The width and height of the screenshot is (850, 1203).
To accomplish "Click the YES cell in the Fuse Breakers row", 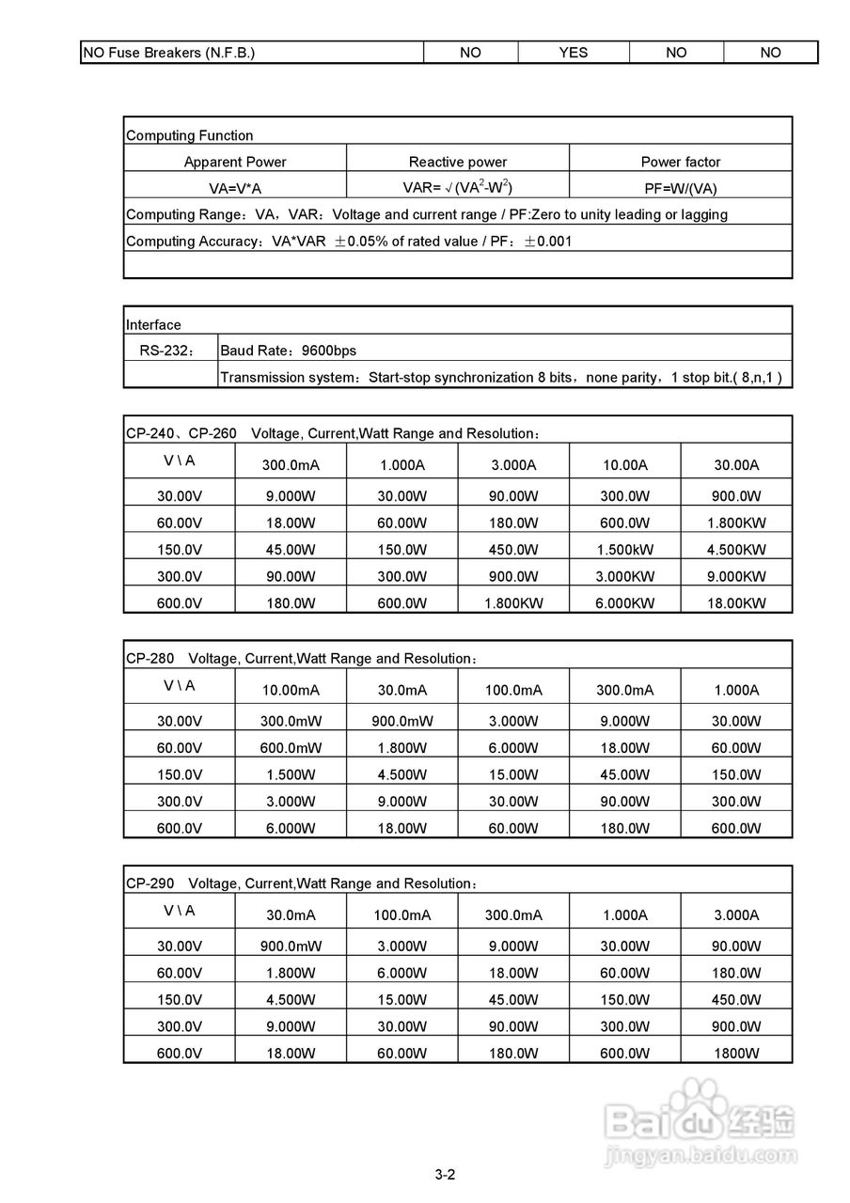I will tap(573, 53).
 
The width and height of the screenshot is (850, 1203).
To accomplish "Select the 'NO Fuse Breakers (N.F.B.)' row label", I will tap(169, 53).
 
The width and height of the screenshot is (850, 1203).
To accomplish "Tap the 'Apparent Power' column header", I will tap(235, 162).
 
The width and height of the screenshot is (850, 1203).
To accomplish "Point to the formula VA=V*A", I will tap(235, 188).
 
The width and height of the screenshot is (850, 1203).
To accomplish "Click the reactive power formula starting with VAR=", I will tap(458, 187).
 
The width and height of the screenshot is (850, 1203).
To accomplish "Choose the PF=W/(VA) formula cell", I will tap(681, 188).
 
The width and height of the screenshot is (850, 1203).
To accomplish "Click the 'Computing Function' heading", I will tap(190, 135).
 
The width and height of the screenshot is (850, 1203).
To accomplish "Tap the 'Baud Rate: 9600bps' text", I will tap(288, 351).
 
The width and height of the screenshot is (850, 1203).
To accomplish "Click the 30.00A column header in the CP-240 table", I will tap(736, 464).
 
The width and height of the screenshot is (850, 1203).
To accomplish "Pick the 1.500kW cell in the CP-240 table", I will tap(624, 550).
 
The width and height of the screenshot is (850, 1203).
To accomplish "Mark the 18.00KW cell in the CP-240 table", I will tap(736, 603).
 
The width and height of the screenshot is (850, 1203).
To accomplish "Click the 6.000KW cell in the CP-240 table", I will tap(624, 603).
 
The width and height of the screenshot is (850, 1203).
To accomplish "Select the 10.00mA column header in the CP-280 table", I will tap(291, 690).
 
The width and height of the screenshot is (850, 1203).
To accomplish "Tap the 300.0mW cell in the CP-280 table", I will tap(291, 721).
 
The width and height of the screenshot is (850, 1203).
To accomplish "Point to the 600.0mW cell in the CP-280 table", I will tap(291, 748).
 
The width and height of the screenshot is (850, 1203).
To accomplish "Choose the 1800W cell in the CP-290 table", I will tap(736, 1054).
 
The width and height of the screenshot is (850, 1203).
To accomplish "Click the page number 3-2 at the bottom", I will tap(445, 1174).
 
